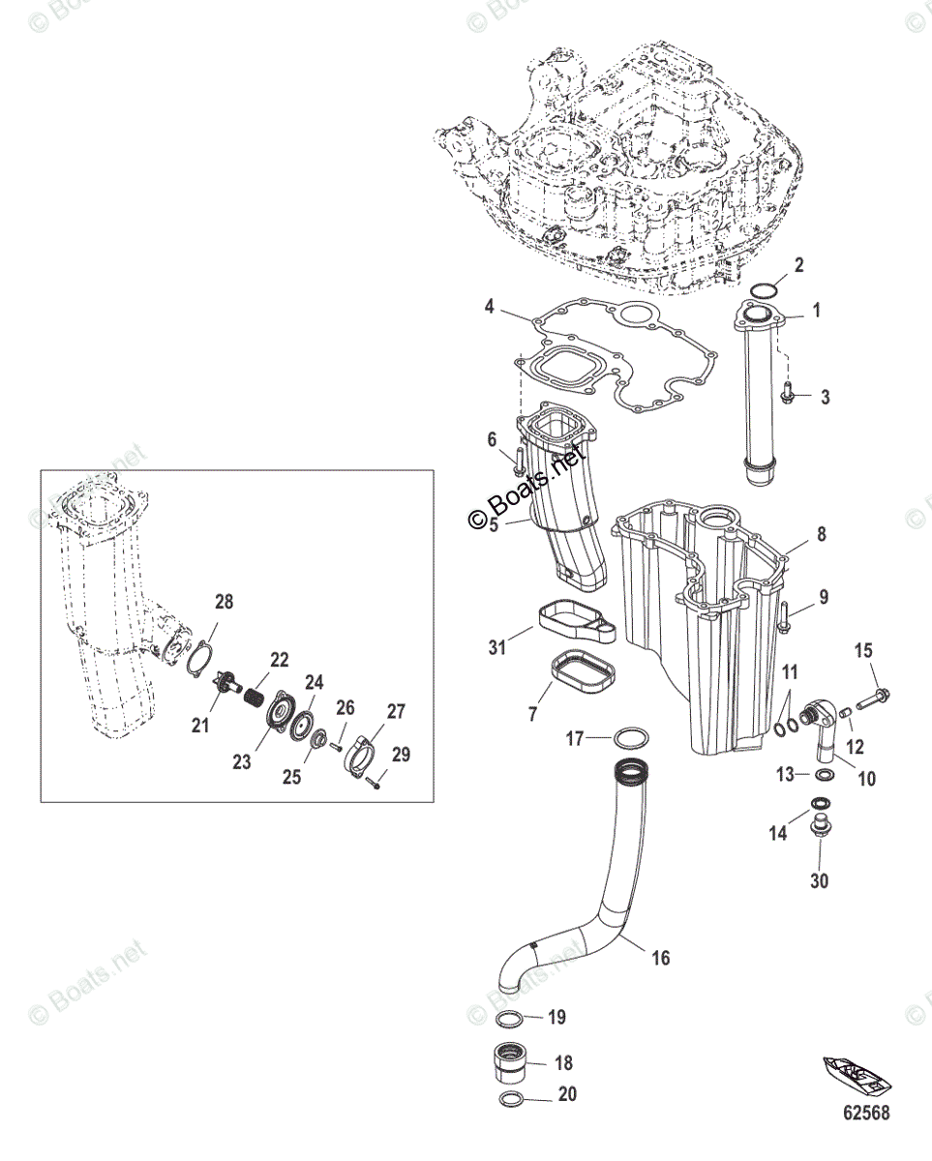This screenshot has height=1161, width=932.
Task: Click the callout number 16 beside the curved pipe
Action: point(660,958)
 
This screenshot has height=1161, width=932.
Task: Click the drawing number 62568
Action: point(864,1113)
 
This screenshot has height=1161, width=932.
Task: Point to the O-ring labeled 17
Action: point(631,740)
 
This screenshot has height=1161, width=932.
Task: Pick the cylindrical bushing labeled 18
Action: point(513,1064)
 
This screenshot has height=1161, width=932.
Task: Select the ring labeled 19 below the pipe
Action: point(511,1019)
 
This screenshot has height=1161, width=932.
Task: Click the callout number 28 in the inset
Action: point(225,602)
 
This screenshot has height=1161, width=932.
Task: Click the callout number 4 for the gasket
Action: point(490,307)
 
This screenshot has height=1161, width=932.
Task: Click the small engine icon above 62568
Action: point(857,1073)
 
